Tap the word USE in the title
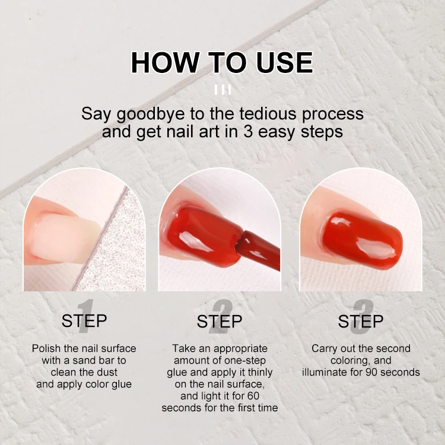(x=279, y=63)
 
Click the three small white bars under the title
(x=223, y=90)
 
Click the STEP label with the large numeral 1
(x=84, y=321)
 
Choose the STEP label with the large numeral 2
(x=220, y=321)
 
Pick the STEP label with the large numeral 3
(x=361, y=321)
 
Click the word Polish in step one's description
(x=46, y=348)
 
